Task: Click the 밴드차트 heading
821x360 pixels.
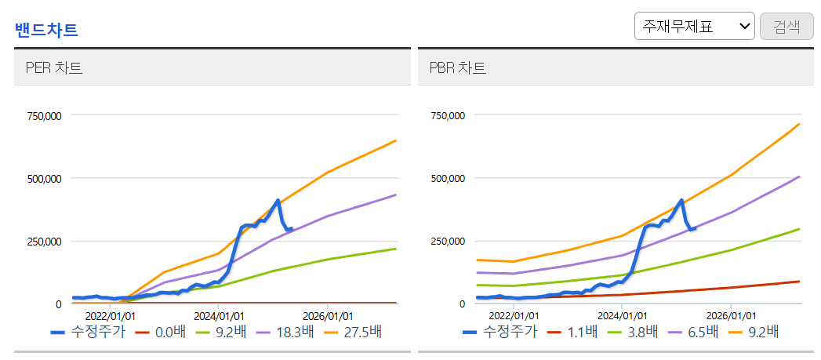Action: (46, 30)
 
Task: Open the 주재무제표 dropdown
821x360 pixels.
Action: (694, 26)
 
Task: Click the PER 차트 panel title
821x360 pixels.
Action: (54, 68)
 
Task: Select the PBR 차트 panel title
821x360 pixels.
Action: (458, 68)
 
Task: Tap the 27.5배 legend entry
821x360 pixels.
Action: (352, 332)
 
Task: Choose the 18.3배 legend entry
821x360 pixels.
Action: (285, 332)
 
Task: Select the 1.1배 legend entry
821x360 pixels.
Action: (571, 332)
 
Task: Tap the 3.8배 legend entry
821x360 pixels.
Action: (633, 332)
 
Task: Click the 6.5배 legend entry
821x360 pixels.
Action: (693, 332)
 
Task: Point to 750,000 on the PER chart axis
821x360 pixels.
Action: (45, 115)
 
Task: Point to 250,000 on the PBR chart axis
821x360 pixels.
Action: (449, 242)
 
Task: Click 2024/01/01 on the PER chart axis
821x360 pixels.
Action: (219, 317)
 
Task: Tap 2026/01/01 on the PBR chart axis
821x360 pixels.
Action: (731, 317)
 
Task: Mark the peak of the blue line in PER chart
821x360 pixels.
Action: (278, 200)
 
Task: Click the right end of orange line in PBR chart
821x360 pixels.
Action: (800, 124)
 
